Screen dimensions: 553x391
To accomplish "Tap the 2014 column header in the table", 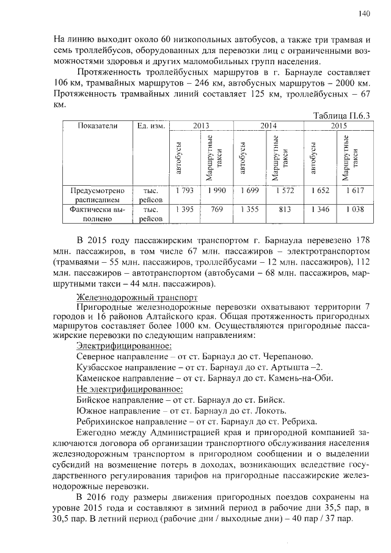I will pos(269,125).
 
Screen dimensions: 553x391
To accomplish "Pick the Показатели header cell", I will pos(98,125).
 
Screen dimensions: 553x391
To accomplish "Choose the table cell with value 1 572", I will pos(285,191).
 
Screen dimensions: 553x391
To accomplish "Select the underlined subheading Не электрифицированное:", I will pos(129,388).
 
